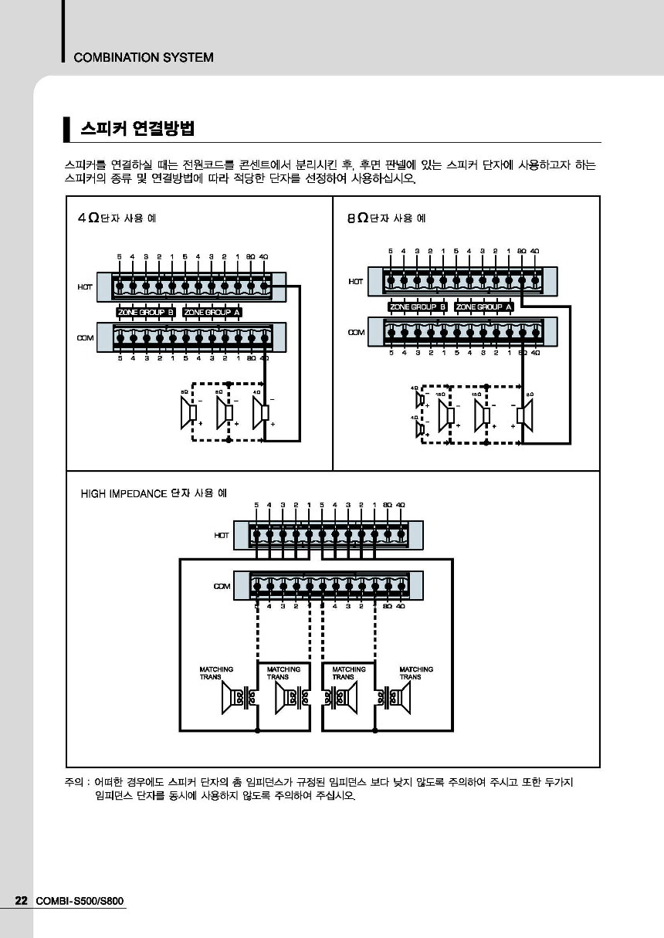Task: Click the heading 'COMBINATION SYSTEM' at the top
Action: pos(144,57)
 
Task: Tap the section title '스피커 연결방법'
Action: pos(137,128)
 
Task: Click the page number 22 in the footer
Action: pos(22,901)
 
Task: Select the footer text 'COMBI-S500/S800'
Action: pos(80,901)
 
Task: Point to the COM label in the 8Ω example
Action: pos(355,332)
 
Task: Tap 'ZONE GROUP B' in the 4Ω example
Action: pos(146,312)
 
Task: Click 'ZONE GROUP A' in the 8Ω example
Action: pos(484,306)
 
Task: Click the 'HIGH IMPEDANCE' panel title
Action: pos(153,493)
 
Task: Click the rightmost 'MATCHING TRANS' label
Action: pos(416,672)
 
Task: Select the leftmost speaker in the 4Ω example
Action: pos(189,413)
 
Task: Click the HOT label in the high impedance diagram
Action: pos(222,534)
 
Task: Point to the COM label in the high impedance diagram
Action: pos(222,587)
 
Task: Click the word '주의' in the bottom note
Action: pos(73,782)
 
